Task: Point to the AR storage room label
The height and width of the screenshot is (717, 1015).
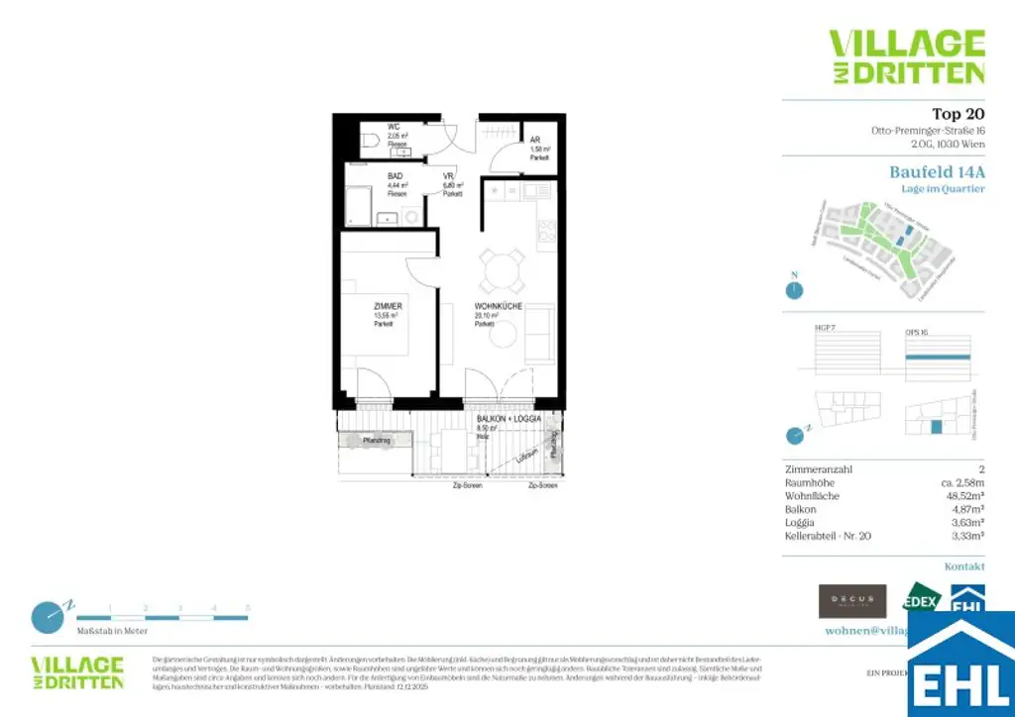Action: (535, 141)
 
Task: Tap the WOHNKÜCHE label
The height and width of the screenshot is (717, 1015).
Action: (499, 307)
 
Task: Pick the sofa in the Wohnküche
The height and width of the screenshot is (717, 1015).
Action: (540, 334)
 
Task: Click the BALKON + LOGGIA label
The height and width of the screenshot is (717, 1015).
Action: (507, 419)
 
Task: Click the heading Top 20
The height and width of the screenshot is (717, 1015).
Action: (958, 113)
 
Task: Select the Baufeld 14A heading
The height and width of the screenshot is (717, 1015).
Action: (937, 171)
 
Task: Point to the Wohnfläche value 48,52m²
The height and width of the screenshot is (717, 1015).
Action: (962, 495)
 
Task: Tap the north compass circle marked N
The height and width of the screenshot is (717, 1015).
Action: (793, 290)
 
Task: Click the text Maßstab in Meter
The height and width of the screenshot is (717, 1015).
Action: (113, 631)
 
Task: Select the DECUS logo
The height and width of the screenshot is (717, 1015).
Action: (851, 600)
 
